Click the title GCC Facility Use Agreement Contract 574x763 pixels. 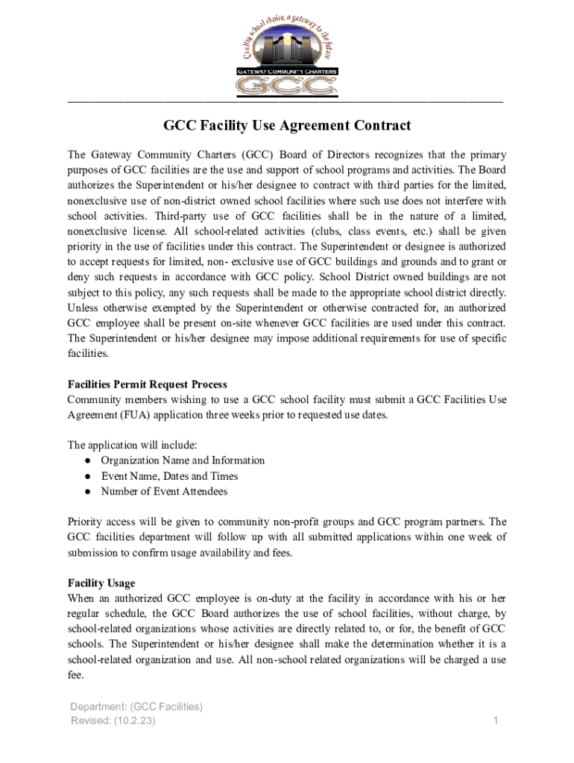coord(287,126)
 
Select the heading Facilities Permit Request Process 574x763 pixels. coord(148,384)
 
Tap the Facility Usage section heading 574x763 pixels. coord(101,583)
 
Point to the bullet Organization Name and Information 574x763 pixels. coord(183,460)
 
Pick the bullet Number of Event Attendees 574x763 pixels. coord(164,491)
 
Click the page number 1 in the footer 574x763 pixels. coord(495,721)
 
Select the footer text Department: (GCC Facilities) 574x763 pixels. coord(136,706)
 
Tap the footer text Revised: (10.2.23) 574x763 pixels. coord(113,721)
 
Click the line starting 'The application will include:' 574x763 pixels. coord(132,445)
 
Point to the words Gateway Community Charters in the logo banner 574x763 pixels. coord(287,72)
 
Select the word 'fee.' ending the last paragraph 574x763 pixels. coord(75,676)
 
